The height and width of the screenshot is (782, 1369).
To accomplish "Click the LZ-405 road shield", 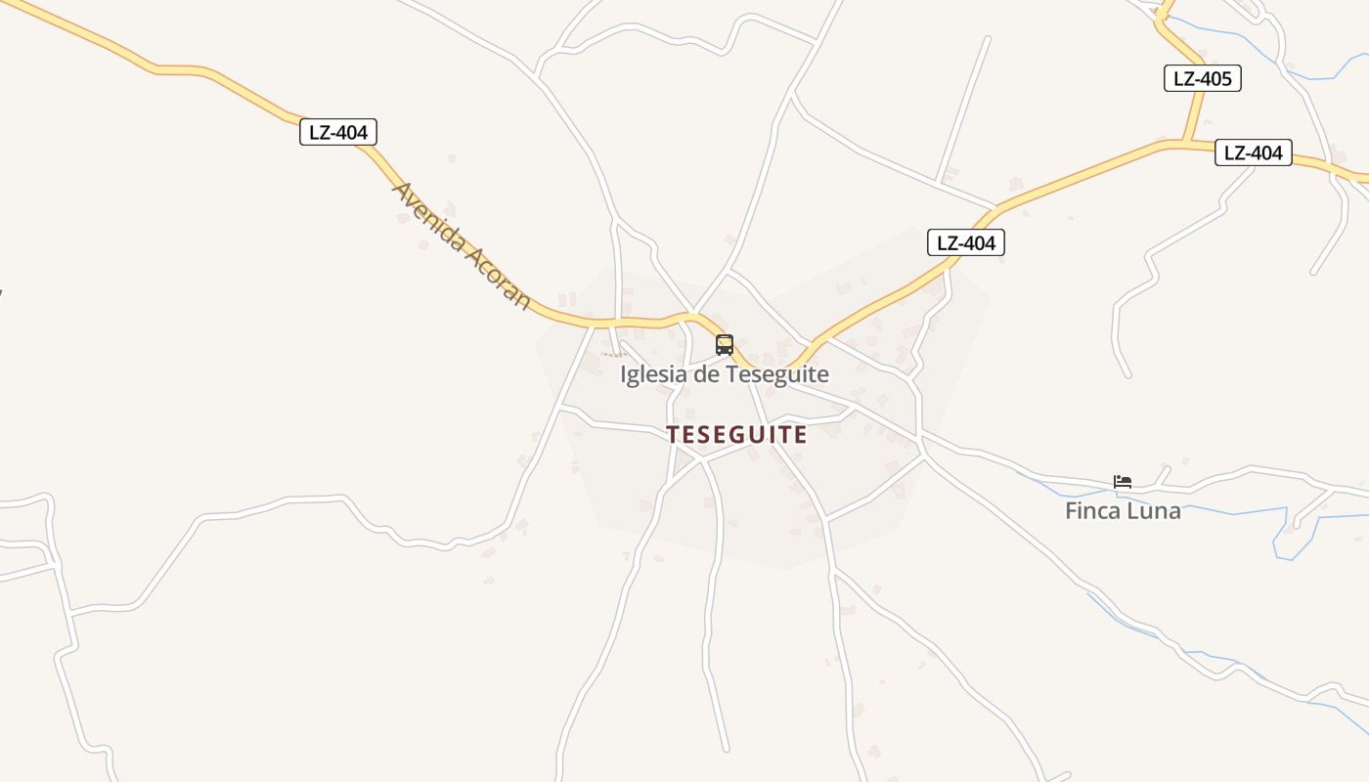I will [1202, 78].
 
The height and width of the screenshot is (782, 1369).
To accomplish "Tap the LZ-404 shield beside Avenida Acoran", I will [337, 132].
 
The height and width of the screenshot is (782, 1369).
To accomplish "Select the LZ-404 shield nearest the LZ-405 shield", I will [1253, 152].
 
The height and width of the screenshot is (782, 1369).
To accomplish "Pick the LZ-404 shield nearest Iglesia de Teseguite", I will [965, 242].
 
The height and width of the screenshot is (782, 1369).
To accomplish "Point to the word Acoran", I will [498, 277].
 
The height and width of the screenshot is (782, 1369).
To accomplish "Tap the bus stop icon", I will [724, 344].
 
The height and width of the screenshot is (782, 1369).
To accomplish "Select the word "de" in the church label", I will [703, 374].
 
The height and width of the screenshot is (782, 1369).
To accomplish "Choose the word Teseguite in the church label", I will [776, 374].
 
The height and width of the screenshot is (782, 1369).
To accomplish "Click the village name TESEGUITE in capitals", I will [737, 435].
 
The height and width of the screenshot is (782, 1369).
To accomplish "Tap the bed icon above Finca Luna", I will [1123, 481].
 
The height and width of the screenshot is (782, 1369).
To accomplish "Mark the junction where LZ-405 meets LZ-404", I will [1186, 143].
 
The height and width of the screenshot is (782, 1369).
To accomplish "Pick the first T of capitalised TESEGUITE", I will [673, 435].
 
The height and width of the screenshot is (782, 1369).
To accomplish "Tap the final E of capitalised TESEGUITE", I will [801, 435].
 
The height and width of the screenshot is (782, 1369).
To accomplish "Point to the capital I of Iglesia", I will [624, 374].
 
